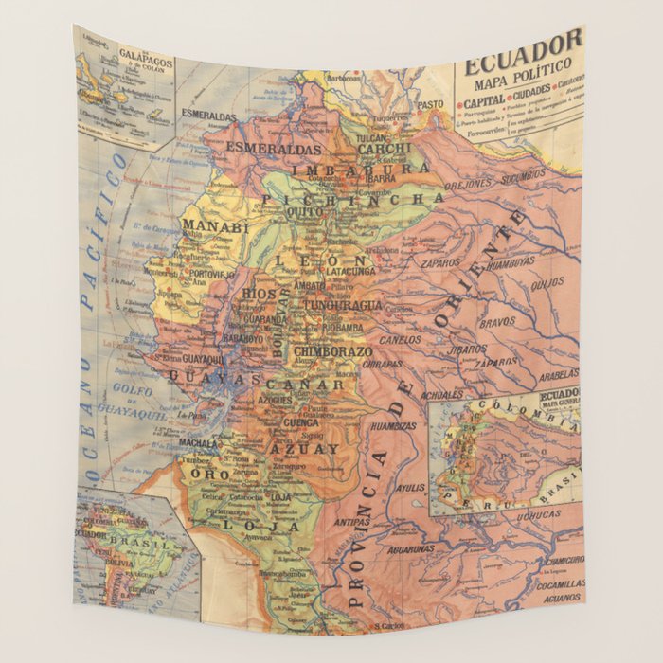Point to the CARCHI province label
point(384,149)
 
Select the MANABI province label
point(215,226)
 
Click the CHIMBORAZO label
point(332,351)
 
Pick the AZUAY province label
point(304,448)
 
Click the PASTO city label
point(431,104)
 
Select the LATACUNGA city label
point(351,271)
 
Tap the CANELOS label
point(400,339)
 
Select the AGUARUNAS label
point(410,548)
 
